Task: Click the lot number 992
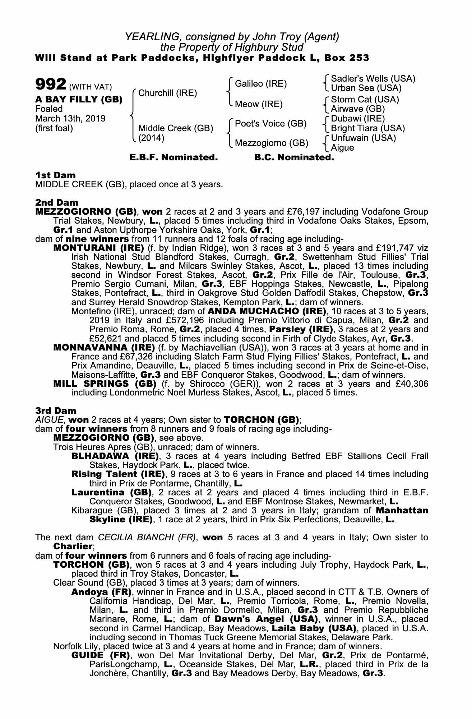[50, 85]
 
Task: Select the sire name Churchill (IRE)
[167, 93]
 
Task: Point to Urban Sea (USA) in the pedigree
[366, 88]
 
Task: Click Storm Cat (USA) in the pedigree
[365, 100]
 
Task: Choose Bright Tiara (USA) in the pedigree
[367, 128]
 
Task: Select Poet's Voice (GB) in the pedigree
[270, 124]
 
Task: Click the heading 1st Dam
[55, 175]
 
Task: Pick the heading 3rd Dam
[56, 411]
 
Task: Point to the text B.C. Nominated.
[294, 157]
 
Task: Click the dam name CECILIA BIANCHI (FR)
[147, 537]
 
